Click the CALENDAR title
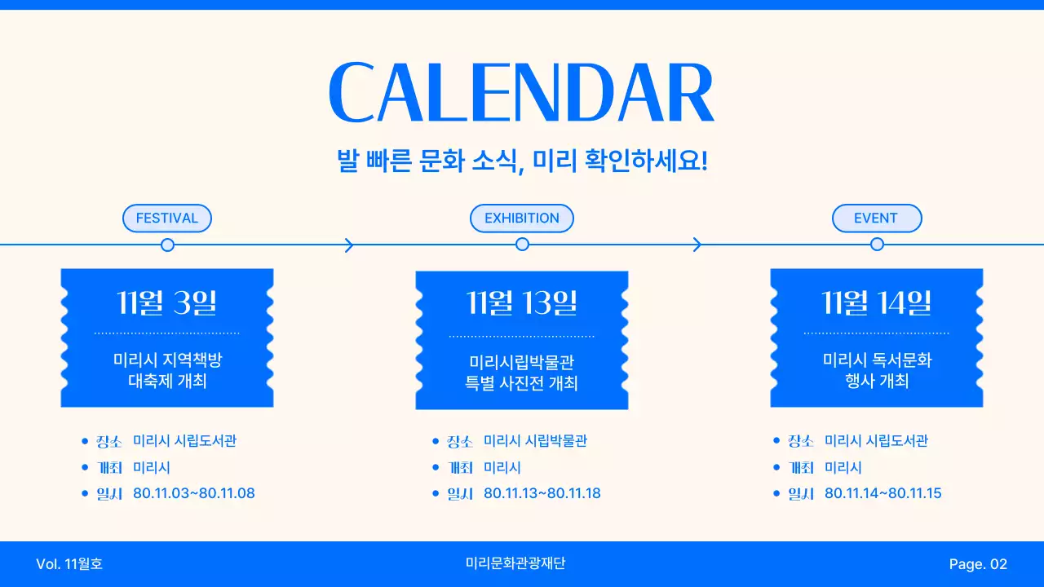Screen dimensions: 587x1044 click(521, 93)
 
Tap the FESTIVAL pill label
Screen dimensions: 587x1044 click(167, 218)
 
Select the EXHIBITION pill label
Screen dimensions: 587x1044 click(522, 218)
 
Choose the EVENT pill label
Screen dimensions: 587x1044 click(876, 218)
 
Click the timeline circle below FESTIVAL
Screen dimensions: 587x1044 click(167, 245)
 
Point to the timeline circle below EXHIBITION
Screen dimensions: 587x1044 click(522, 245)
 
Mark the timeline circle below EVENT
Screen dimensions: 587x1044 click(877, 245)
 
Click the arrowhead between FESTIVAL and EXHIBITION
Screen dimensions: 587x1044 click(349, 245)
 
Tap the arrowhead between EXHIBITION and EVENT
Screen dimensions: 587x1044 click(697, 245)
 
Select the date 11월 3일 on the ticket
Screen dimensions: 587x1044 click(167, 302)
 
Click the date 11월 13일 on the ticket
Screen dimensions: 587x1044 click(522, 303)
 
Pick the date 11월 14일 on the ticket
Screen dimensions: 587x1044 click(877, 302)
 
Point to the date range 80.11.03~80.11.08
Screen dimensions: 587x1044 click(193, 493)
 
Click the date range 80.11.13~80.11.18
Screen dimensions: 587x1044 click(542, 493)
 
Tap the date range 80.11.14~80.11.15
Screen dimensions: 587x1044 click(883, 493)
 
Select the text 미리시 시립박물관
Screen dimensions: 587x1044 click(535, 441)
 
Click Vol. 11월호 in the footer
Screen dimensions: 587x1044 click(69, 564)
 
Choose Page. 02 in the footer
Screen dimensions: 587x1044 click(978, 564)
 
